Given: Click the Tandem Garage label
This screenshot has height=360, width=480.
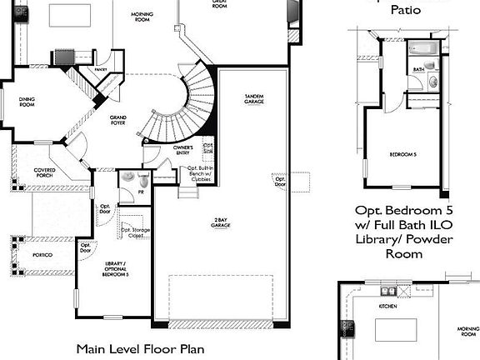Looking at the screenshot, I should [254, 99].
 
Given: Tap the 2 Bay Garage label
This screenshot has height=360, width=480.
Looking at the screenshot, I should [221, 223].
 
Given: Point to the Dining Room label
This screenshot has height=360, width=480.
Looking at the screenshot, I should [27, 102].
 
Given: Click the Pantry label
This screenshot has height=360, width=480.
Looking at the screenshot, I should [101, 70].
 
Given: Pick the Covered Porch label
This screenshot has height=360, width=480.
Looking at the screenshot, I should [45, 172].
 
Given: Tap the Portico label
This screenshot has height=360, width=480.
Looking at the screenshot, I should [44, 255].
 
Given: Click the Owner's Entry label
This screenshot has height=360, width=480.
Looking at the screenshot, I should [183, 150].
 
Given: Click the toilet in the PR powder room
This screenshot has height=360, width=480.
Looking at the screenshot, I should [144, 179].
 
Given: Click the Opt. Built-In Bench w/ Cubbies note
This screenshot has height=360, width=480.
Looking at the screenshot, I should [200, 172].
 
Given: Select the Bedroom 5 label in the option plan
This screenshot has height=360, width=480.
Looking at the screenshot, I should [403, 155].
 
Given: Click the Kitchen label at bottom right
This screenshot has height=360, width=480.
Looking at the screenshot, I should [387, 306].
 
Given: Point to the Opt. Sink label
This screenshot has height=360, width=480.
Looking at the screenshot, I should [208, 147].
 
